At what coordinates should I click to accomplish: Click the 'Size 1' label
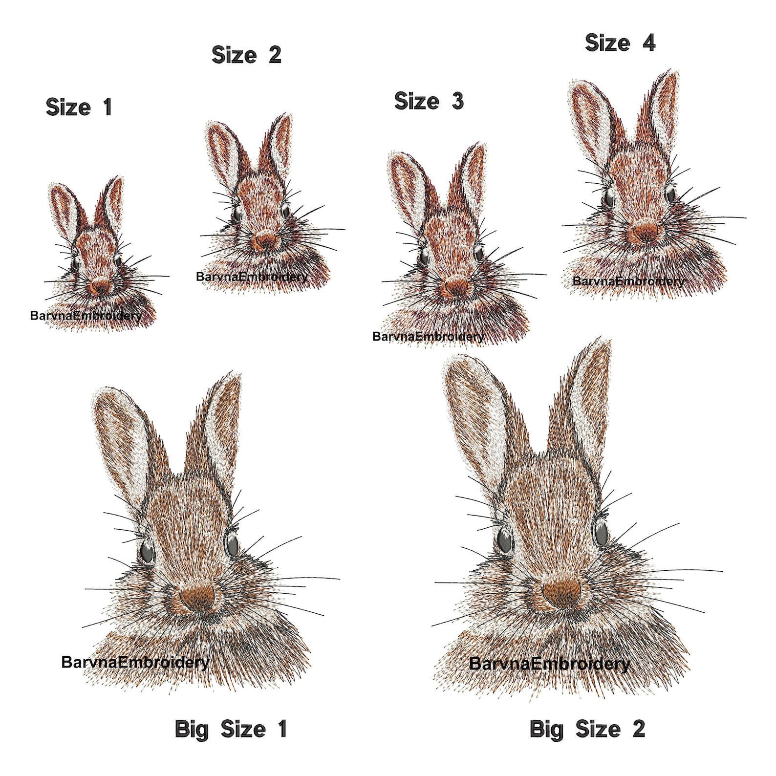[79, 107]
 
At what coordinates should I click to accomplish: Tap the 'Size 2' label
[246, 55]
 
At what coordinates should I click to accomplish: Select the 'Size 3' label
[429, 101]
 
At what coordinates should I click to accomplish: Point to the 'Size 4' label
[620, 43]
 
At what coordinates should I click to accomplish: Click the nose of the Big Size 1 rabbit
[198, 596]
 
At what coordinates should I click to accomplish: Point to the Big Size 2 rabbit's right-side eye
[601, 530]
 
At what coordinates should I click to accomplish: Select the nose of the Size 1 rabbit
[101, 285]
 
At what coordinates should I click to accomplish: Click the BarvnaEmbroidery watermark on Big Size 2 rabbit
[549, 664]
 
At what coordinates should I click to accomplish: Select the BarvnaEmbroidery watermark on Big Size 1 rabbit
[135, 662]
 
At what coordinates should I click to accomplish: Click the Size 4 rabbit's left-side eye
[609, 197]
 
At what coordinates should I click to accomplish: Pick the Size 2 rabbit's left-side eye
[237, 214]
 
